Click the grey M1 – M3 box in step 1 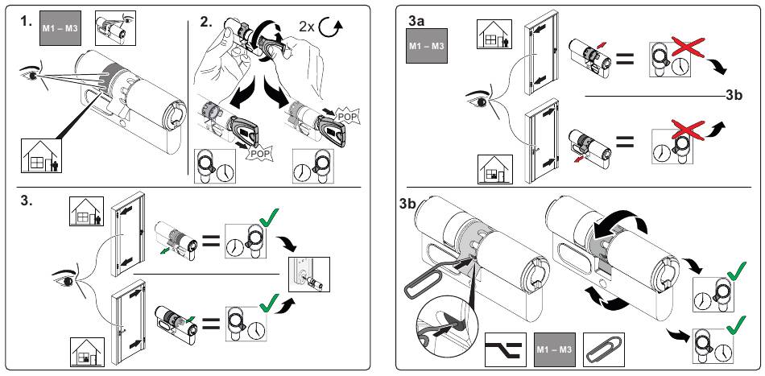click(x=59, y=28)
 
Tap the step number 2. click(x=206, y=21)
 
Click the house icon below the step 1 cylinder click(x=42, y=155)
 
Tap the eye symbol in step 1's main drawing click(x=31, y=75)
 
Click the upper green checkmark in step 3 click(x=269, y=217)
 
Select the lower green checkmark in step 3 click(x=269, y=303)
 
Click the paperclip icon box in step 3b click(x=604, y=349)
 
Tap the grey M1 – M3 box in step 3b click(x=555, y=349)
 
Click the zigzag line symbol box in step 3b click(x=506, y=349)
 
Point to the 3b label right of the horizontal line click(x=734, y=95)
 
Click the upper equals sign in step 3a click(x=625, y=59)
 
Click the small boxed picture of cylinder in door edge click(x=309, y=274)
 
